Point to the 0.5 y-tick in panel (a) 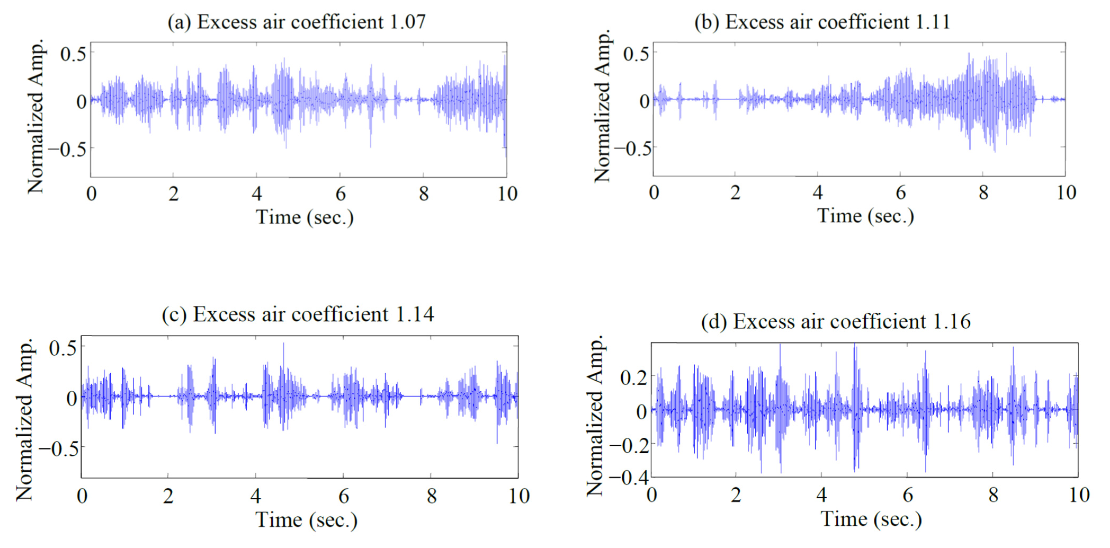[73, 54]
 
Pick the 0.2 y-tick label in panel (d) [633, 378]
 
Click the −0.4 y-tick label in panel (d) [628, 477]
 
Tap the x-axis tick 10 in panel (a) [507, 194]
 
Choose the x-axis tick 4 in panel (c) [255, 496]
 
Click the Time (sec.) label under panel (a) [305, 217]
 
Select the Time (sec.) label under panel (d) [871, 519]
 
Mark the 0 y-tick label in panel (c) [71, 398]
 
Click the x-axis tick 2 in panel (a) [173, 194]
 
